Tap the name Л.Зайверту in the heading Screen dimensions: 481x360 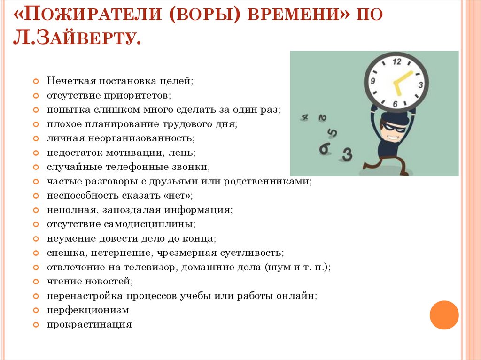point(77,38)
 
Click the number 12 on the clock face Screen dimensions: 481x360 point(396,61)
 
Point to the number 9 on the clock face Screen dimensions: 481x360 point(372,81)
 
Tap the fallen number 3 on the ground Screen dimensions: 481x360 point(347,154)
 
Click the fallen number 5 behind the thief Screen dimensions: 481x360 point(332,133)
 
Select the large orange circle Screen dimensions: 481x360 point(444,315)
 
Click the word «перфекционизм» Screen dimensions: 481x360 point(88,310)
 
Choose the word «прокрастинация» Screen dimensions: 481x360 point(89,324)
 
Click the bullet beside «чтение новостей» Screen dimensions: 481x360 point(36,282)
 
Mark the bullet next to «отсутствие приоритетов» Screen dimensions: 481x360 point(36,95)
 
